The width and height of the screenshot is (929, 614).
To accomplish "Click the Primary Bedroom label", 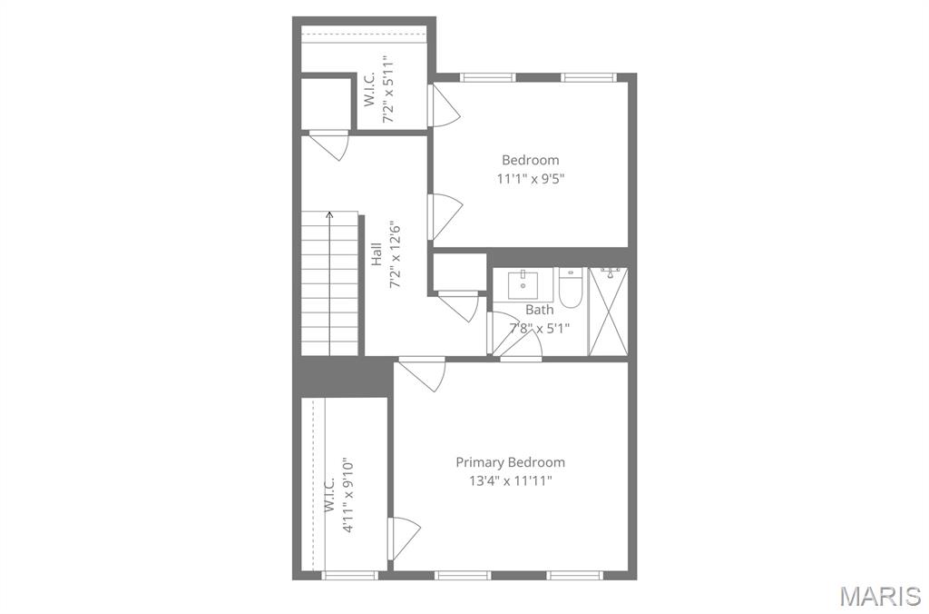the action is pyautogui.click(x=510, y=462).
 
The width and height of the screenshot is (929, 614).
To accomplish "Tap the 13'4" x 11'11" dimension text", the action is pyautogui.click(x=511, y=480).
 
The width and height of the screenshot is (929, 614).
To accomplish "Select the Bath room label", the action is pyautogui.click(x=540, y=309).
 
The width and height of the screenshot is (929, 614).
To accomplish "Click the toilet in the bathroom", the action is pyautogui.click(x=572, y=288).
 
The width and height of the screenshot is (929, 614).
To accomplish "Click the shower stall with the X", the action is pyautogui.click(x=608, y=312).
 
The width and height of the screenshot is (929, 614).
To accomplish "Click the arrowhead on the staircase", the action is pyautogui.click(x=329, y=214).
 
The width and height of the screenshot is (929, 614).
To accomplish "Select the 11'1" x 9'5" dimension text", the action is pyautogui.click(x=531, y=178).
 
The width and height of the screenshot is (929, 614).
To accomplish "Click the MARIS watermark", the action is pyautogui.click(x=879, y=596).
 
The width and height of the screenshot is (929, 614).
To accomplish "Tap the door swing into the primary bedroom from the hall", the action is pyautogui.click(x=422, y=373).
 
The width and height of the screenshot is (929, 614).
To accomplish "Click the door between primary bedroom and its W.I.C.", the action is pyautogui.click(x=404, y=538).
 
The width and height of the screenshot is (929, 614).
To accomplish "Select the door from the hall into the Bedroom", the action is pyautogui.click(x=445, y=216).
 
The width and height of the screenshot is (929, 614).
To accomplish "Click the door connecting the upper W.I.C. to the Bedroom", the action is pyautogui.click(x=443, y=104).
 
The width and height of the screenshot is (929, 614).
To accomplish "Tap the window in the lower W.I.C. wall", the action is pyautogui.click(x=349, y=575).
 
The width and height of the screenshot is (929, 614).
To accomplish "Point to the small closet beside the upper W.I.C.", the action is pyautogui.click(x=324, y=104).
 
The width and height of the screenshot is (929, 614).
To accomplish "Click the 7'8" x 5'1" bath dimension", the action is pyautogui.click(x=540, y=328).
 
